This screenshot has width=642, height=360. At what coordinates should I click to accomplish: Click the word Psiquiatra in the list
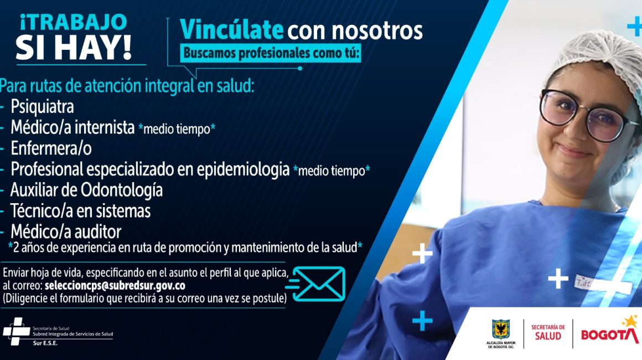point(42,107)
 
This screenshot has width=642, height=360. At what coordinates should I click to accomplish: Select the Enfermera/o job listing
point(51,148)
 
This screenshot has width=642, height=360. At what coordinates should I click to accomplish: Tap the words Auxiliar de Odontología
point(86,190)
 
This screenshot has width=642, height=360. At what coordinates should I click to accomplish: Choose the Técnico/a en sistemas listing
point(81,211)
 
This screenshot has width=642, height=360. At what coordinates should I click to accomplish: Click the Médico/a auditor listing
point(66,232)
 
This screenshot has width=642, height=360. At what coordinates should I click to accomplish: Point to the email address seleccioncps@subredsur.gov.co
point(115,285)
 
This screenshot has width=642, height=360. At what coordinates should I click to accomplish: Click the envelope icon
point(318,284)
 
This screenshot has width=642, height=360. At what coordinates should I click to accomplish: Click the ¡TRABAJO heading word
point(73,22)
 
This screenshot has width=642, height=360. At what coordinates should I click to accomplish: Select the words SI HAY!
point(74,48)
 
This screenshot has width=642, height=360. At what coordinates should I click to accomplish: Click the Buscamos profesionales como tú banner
point(271,53)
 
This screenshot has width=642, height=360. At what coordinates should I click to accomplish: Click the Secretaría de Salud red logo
point(548,332)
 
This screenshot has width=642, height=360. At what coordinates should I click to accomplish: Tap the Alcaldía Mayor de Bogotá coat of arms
point(501,330)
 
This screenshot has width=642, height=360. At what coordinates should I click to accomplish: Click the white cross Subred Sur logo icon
point(17,331)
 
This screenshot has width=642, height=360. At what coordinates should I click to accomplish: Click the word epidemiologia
point(243,169)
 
